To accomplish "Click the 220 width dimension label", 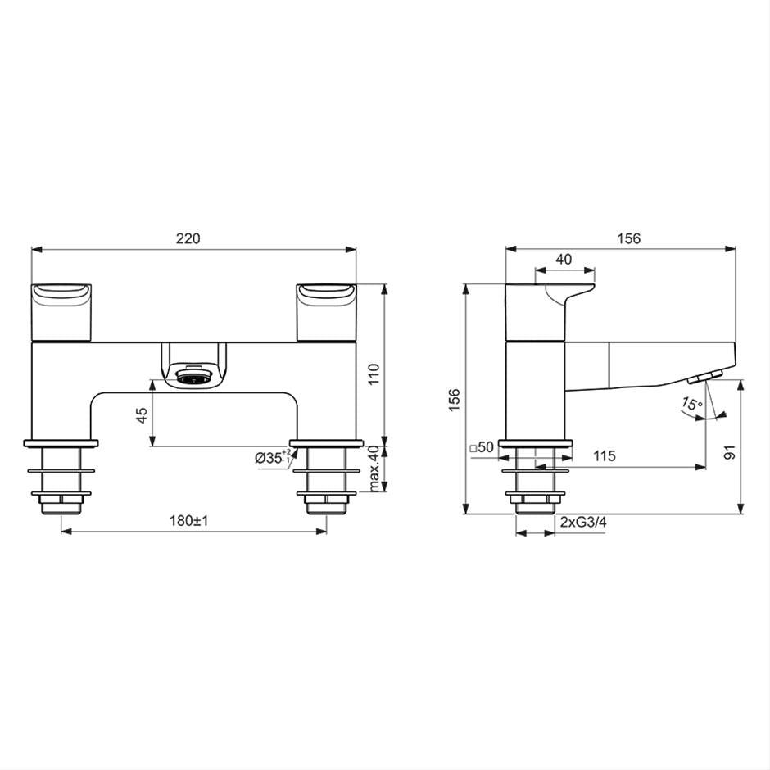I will [x=188, y=238].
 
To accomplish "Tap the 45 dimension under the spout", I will [x=141, y=414].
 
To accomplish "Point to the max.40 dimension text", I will [x=374, y=469].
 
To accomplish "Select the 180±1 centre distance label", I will [x=189, y=521].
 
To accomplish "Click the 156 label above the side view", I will [x=628, y=238].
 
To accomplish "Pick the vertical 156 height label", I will [x=455, y=399].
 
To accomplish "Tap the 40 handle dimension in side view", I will [x=564, y=259].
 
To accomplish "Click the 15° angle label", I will [x=692, y=404].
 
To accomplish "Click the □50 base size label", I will [x=482, y=447].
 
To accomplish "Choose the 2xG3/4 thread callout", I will [x=583, y=522].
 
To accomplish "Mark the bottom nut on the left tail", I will [x=61, y=501].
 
